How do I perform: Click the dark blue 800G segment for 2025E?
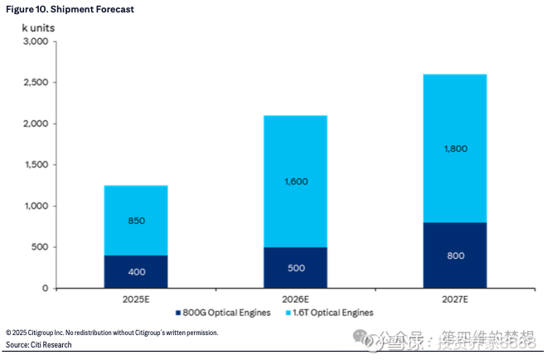click(x=136, y=271)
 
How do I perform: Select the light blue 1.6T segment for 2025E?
click(x=136, y=220)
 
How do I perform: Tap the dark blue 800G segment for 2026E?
click(x=295, y=267)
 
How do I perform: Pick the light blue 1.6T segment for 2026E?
click(x=295, y=181)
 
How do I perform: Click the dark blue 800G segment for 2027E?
click(x=455, y=255)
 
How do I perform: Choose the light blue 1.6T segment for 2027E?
click(x=455, y=148)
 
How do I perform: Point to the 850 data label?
click(x=136, y=221)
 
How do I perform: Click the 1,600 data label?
click(x=295, y=180)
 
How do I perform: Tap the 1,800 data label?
click(x=455, y=148)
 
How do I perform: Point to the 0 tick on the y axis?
click(x=46, y=288)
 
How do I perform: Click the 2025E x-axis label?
click(x=136, y=298)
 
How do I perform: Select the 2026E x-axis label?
click(x=295, y=298)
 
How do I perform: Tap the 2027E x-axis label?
click(x=455, y=298)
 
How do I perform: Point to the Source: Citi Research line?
click(x=39, y=344)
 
